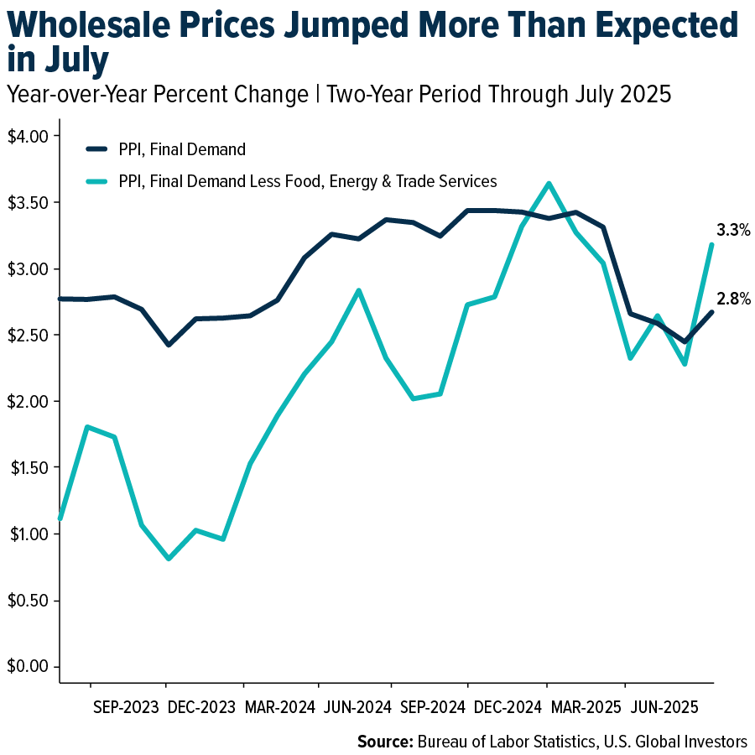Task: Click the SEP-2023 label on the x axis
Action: pos(125,707)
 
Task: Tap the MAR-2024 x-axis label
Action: pos(279,707)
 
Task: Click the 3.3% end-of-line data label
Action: pos(733,230)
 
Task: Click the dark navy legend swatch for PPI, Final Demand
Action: pos(97,150)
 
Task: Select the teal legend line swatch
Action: pos(97,180)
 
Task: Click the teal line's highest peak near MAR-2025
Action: pos(548,184)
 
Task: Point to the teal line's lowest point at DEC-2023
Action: pos(169,559)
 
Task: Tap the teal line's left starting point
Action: pos(60,518)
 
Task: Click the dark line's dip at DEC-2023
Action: pos(169,345)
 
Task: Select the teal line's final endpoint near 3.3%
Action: pos(711,245)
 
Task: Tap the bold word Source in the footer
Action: pos(383,742)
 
